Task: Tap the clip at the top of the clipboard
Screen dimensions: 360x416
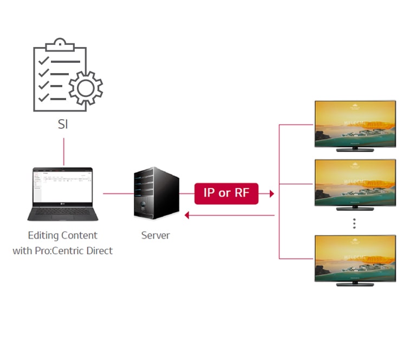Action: point(60,44)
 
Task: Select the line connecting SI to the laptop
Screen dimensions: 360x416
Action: point(64,151)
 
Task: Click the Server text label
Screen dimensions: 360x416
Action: point(155,235)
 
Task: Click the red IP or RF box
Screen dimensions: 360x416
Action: point(226,193)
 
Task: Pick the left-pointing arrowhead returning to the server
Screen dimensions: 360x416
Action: point(187,215)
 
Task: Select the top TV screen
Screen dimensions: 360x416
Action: point(355,123)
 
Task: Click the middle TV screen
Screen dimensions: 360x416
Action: point(355,182)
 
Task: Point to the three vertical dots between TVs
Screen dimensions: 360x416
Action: point(354,223)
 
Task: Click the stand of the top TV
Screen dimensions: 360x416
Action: point(355,148)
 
